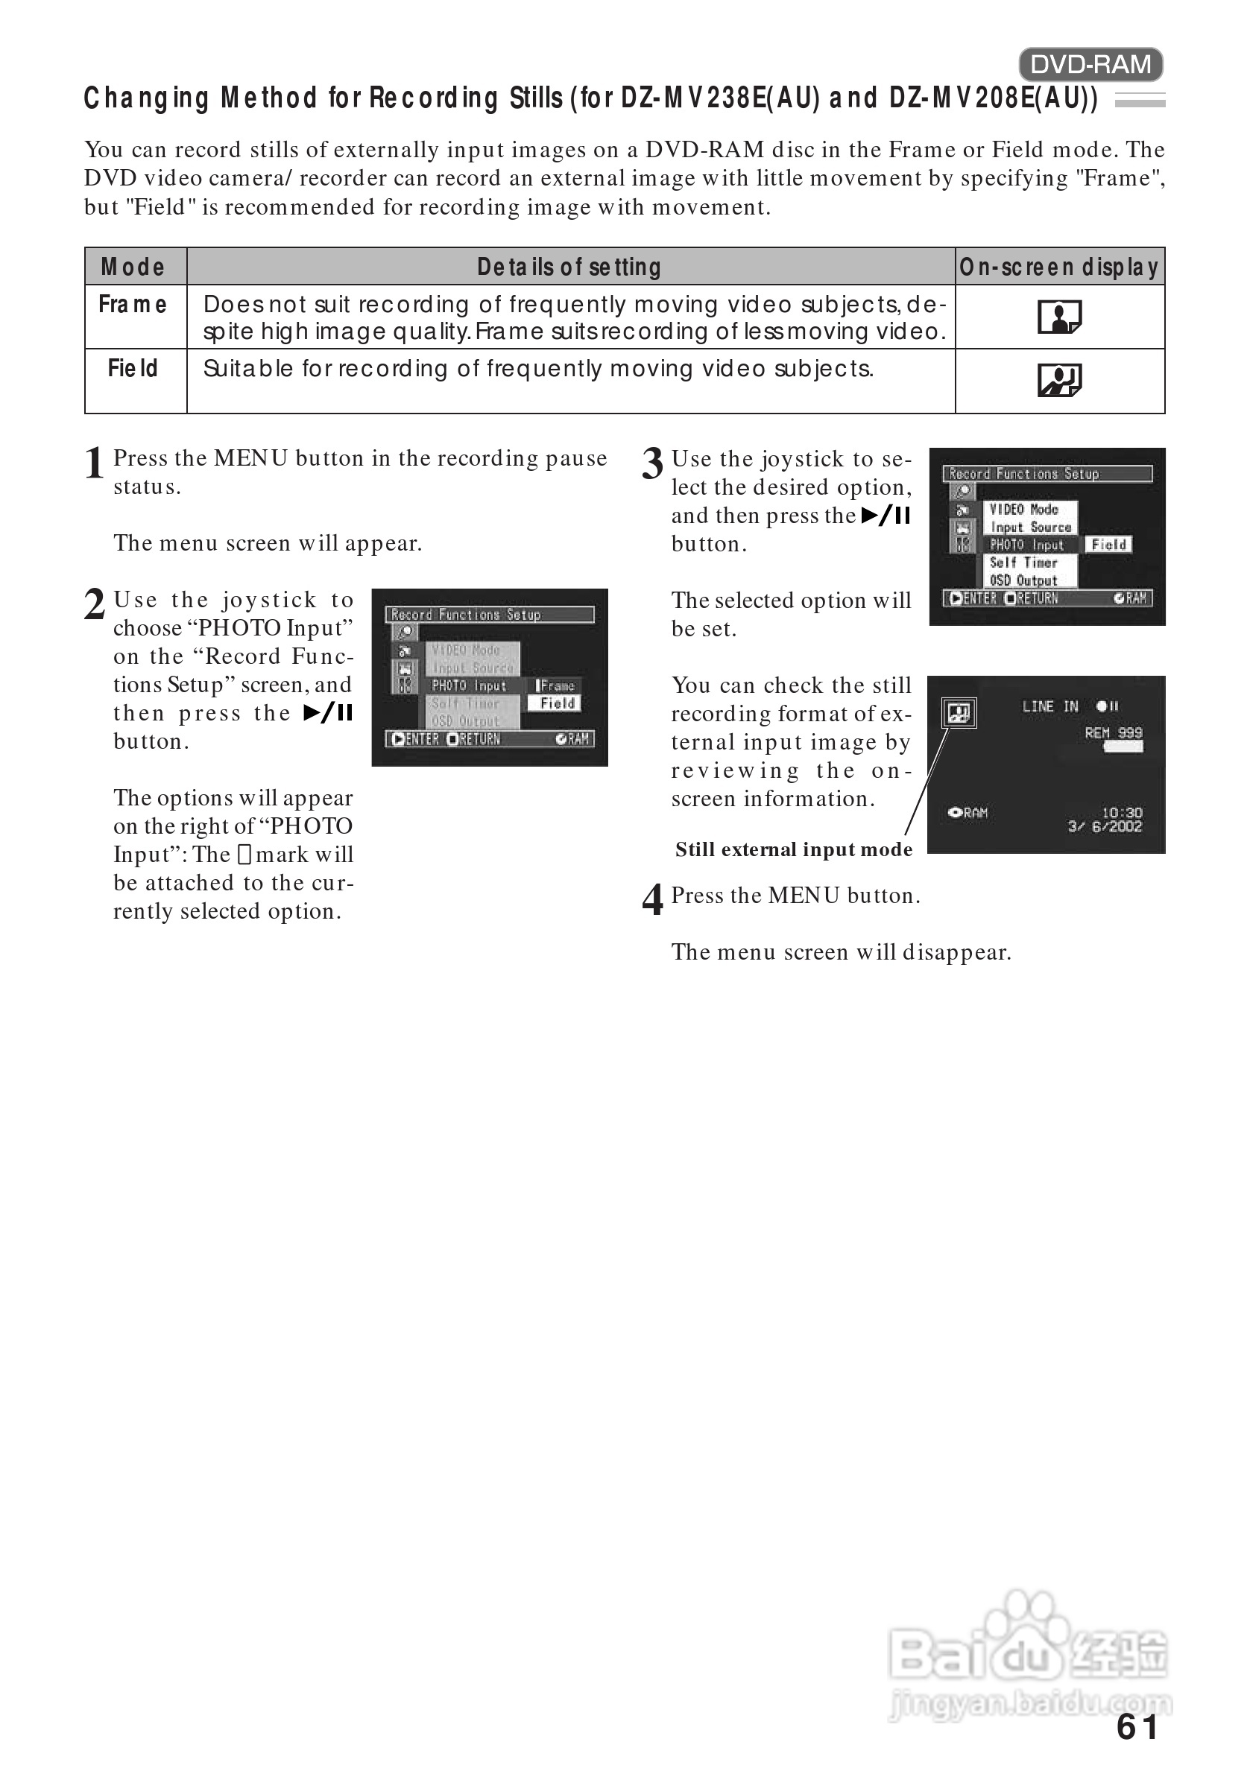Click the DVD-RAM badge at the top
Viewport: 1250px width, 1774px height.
coord(1090,65)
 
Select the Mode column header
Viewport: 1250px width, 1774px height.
coord(133,267)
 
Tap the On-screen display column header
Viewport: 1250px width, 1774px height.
coord(1059,267)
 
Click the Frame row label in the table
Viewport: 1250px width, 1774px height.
coord(133,305)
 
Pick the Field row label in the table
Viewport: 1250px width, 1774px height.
coord(133,369)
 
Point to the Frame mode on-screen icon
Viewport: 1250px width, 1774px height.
coord(1059,317)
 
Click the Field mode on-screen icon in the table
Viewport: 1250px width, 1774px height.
coord(1059,380)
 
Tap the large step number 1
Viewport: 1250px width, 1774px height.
coord(95,463)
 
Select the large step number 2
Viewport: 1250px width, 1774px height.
coord(95,605)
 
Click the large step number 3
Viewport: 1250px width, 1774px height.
coord(652,463)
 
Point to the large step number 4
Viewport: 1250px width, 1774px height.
coord(652,900)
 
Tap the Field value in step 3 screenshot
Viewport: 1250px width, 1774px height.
coord(1108,545)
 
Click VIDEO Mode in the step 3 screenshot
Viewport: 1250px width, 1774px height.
coord(1023,509)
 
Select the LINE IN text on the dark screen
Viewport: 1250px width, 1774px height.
coord(1049,706)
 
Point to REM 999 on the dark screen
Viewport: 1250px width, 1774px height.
coord(1113,732)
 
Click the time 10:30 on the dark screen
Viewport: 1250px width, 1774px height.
coord(1122,812)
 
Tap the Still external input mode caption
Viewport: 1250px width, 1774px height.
coord(793,850)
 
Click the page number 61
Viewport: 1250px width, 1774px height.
coord(1137,1728)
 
